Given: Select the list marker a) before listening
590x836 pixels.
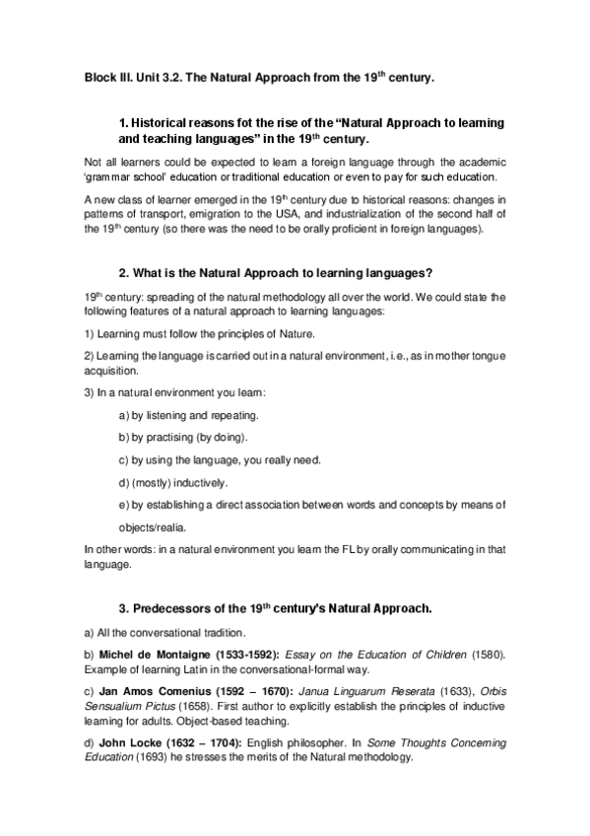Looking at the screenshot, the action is click(x=124, y=416).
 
